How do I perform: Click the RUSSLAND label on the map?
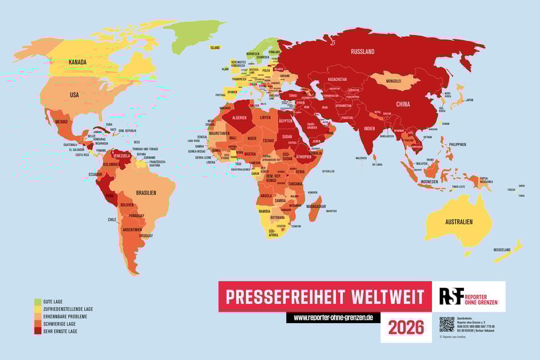[x=363, y=52]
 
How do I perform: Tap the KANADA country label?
[x=77, y=61]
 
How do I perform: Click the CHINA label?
[x=403, y=104]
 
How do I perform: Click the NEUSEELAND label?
[x=501, y=250]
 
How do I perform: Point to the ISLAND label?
[x=215, y=48]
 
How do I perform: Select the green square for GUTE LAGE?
[x=37, y=302]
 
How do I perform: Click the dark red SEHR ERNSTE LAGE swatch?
[x=37, y=331]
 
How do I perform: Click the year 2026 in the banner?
[x=406, y=327]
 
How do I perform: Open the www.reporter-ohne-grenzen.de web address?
[x=333, y=318]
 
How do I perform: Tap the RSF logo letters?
[x=451, y=296]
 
